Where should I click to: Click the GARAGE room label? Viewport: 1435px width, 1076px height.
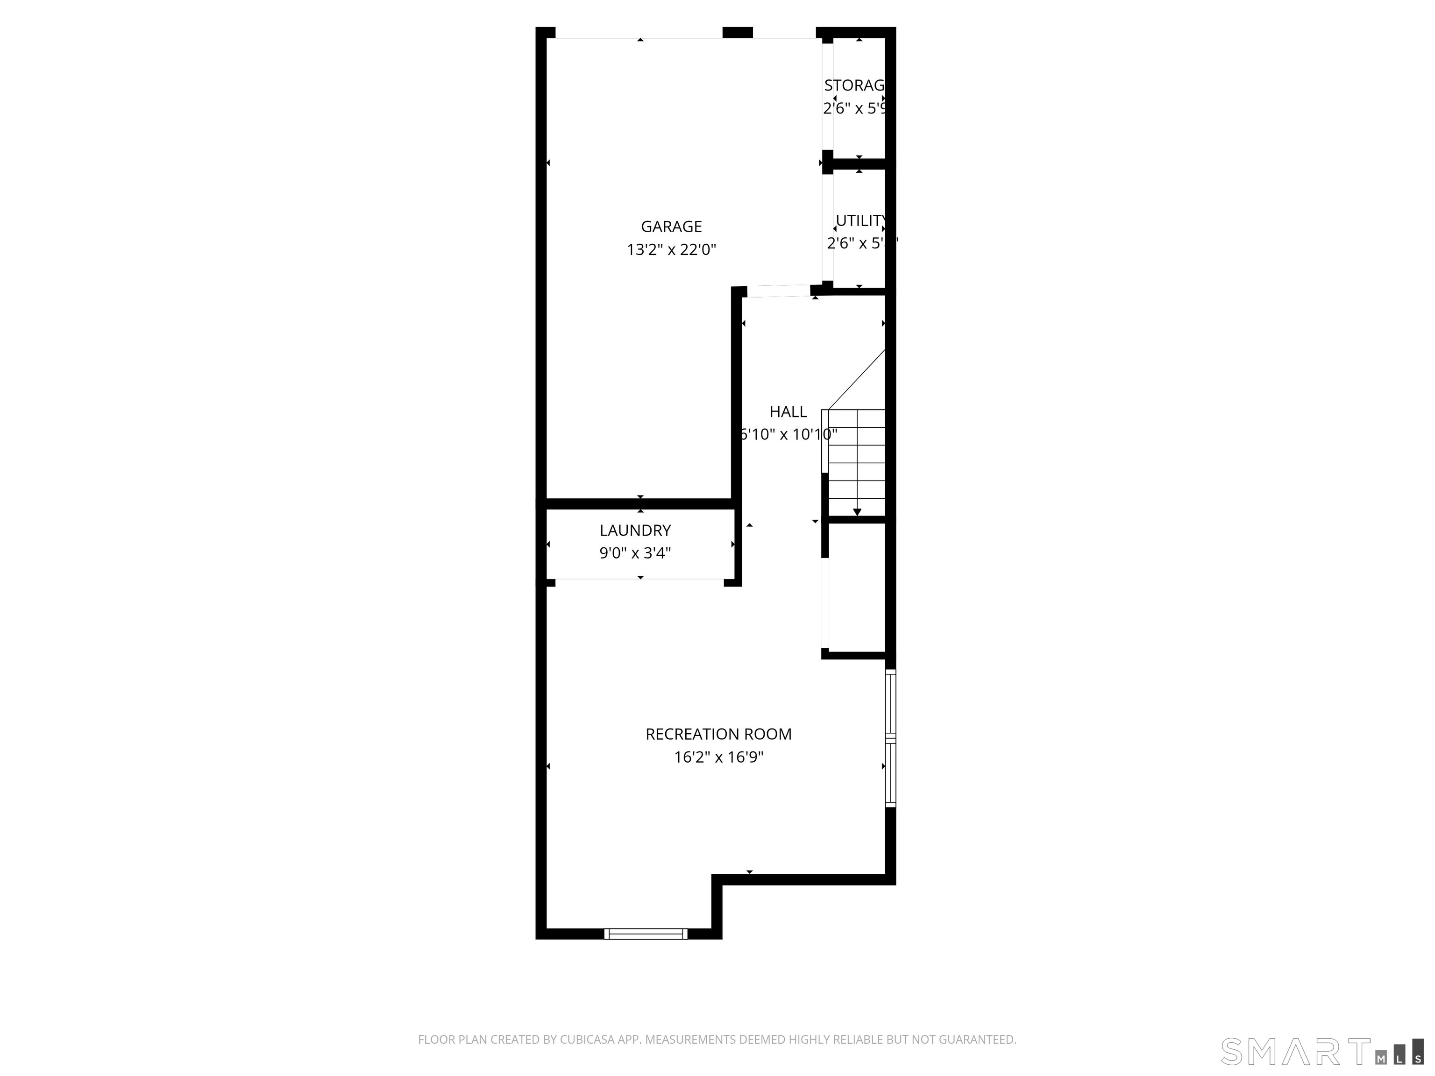point(671,227)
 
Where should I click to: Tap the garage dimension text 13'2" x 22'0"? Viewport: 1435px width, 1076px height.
point(671,250)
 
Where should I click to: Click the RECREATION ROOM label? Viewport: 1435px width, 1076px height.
point(718,734)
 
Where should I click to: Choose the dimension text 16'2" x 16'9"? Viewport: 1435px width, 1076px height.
point(718,757)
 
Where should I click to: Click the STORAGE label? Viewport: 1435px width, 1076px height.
point(854,85)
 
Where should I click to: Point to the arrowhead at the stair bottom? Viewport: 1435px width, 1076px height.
point(857,512)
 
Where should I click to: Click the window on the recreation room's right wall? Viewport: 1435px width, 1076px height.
point(891,738)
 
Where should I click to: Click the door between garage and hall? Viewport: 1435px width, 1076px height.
point(779,291)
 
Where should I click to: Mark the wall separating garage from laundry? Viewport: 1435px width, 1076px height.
point(639,503)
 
